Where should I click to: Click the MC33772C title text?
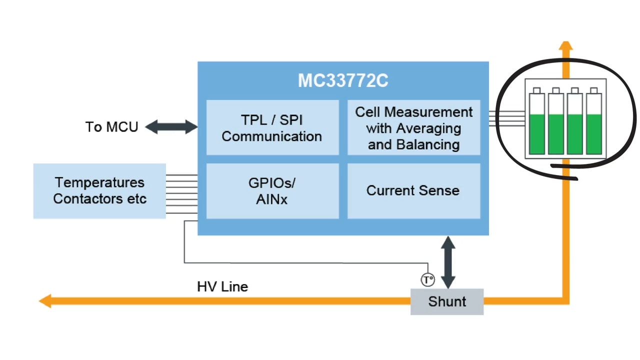(343, 81)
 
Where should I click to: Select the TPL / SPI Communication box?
(272, 127)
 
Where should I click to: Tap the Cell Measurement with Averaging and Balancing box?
(413, 127)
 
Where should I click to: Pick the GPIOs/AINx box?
(272, 190)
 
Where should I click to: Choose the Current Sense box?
(413, 190)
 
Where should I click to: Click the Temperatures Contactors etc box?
(99, 190)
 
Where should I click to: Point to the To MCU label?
(111, 127)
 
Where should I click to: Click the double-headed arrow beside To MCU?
(171, 127)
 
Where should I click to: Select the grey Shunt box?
(447, 301)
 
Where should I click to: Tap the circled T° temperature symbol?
(428, 280)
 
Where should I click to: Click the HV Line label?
(222, 287)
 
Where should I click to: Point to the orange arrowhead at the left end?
(45, 301)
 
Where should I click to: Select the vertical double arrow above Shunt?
(447, 262)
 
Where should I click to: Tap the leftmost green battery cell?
(537, 123)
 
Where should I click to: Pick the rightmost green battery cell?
(594, 123)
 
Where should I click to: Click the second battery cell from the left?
(556, 123)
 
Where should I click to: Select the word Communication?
(272, 136)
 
